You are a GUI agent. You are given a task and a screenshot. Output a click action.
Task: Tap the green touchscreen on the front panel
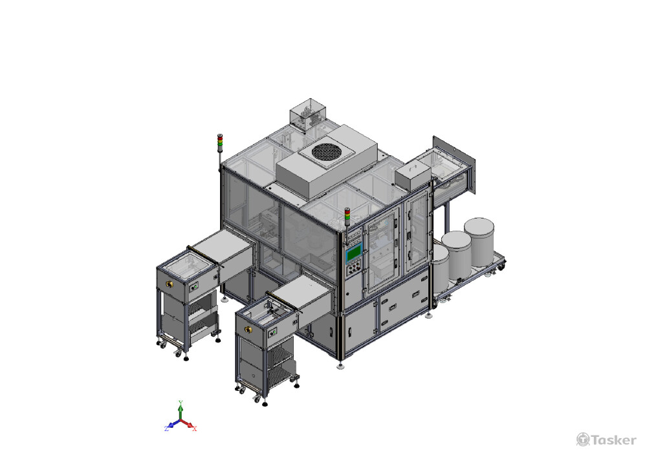click(x=354, y=253)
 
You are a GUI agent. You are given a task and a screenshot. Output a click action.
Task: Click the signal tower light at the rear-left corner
click(x=220, y=143)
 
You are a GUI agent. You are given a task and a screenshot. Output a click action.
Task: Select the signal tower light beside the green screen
click(x=347, y=217)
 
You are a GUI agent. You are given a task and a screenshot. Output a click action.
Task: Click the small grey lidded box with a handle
click(x=413, y=176)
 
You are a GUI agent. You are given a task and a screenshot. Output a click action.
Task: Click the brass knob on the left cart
click(x=169, y=284)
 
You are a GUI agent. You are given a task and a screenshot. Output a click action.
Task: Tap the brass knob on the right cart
click(x=248, y=330)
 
